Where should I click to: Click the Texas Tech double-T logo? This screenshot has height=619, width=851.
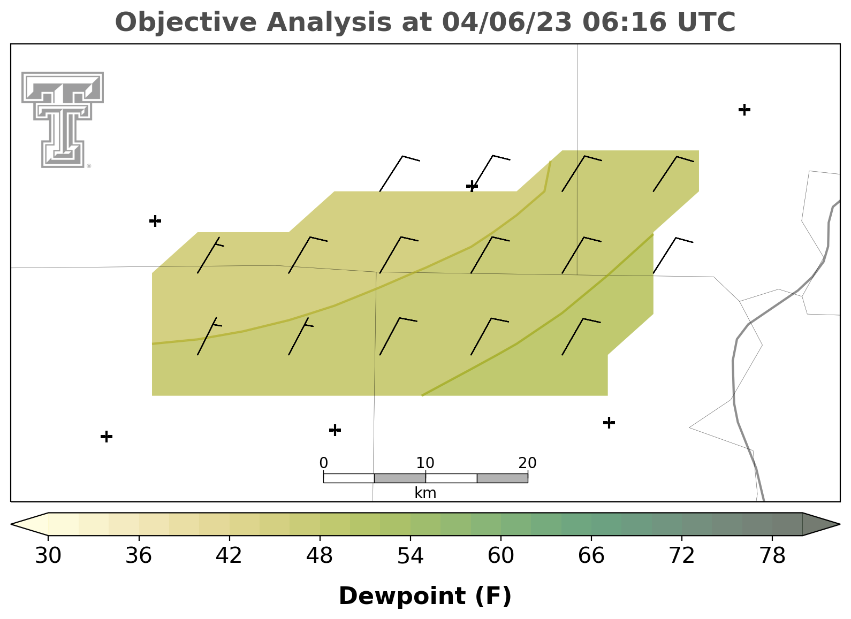coord(63,120)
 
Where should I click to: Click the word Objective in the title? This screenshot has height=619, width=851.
coord(186,22)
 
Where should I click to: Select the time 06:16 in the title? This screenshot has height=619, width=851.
coord(624,22)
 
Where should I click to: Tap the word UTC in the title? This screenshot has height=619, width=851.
coord(706,22)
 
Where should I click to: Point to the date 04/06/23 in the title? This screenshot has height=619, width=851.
coord(507,22)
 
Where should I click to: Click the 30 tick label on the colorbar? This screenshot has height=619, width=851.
coord(48,555)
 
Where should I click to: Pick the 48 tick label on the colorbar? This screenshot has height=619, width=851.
coord(320,555)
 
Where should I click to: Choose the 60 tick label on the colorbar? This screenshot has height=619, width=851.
coord(501,555)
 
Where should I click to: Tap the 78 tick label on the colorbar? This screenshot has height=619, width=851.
coord(772,555)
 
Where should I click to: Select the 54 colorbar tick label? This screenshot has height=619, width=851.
coord(411,555)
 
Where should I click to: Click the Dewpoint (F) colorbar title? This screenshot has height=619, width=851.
coord(425,596)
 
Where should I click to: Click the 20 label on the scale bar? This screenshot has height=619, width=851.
coord(527,463)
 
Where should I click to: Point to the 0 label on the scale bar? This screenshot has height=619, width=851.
coord(324,463)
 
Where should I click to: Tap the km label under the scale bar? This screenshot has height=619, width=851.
coord(425,493)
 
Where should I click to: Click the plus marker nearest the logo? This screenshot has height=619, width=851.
coord(155,220)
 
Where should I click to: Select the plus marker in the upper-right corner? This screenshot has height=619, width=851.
coord(744,110)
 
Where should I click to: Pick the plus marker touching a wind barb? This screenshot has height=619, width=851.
coord(472,186)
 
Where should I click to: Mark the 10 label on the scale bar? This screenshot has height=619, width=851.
coord(425,463)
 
